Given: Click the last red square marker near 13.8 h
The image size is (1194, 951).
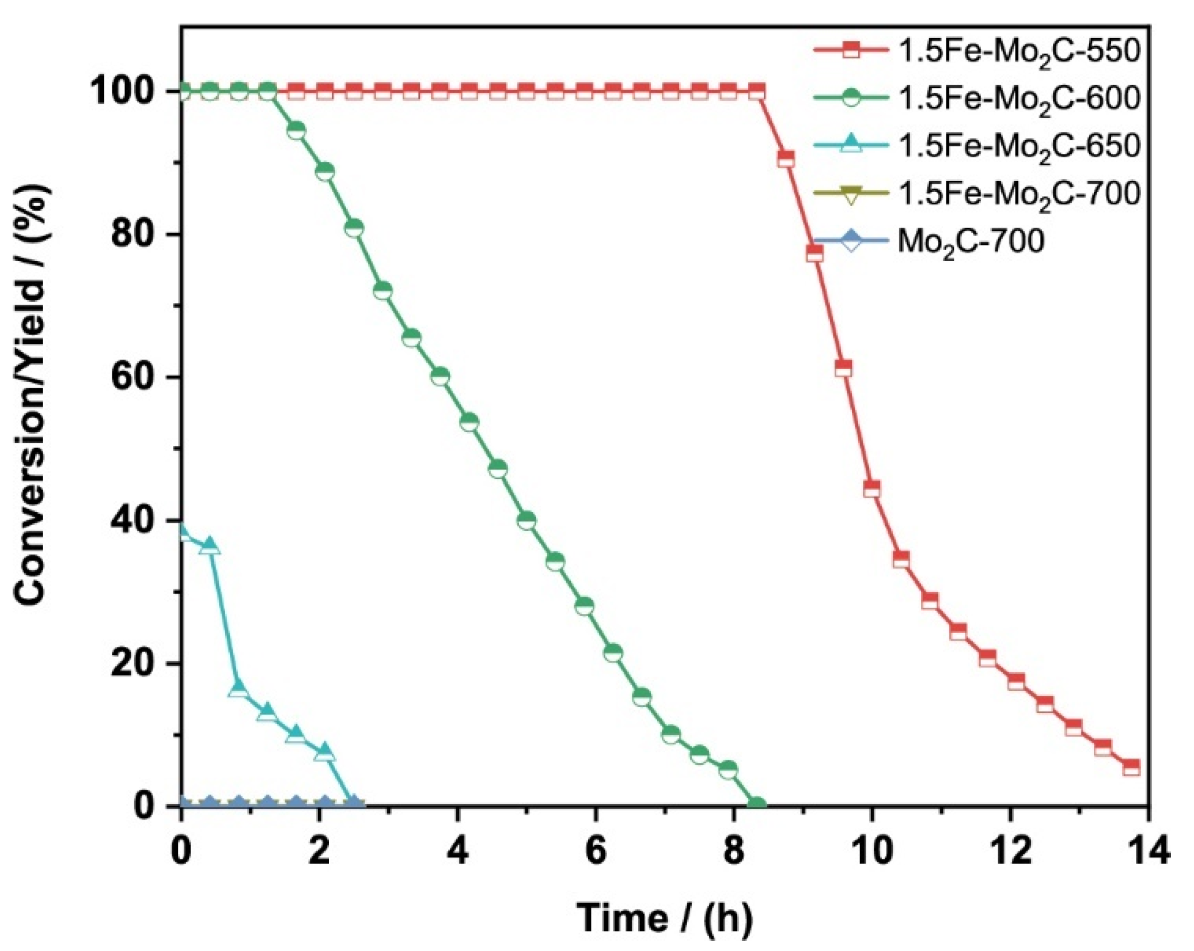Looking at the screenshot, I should coord(1131,767).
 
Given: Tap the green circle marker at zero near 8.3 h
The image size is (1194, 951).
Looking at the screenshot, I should coord(757,805).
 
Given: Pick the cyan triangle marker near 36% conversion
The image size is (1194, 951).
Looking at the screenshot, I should coord(210,545).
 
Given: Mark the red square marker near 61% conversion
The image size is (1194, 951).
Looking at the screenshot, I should coord(843,368).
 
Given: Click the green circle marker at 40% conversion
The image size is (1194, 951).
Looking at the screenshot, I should coord(526,521).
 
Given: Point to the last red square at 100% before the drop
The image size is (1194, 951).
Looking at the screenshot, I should coord(757,92).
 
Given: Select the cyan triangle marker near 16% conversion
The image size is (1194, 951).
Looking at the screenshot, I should coord(238,688).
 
